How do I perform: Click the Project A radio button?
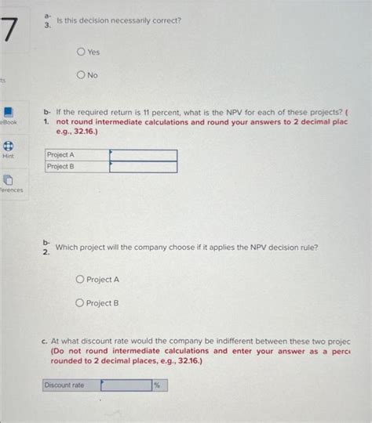pyautogui.click(x=80, y=280)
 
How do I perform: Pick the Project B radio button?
pyautogui.click(x=80, y=303)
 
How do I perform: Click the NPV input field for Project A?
pyautogui.click(x=143, y=155)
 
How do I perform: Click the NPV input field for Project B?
pyautogui.click(x=143, y=167)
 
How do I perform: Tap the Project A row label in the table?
pyautogui.click(x=61, y=155)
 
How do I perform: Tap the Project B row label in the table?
pyautogui.click(x=61, y=167)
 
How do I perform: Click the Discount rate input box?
pyautogui.click(x=126, y=385)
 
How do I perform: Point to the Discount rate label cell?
pyautogui.click(x=64, y=385)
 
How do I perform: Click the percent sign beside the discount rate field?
pyautogui.click(x=158, y=385)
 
